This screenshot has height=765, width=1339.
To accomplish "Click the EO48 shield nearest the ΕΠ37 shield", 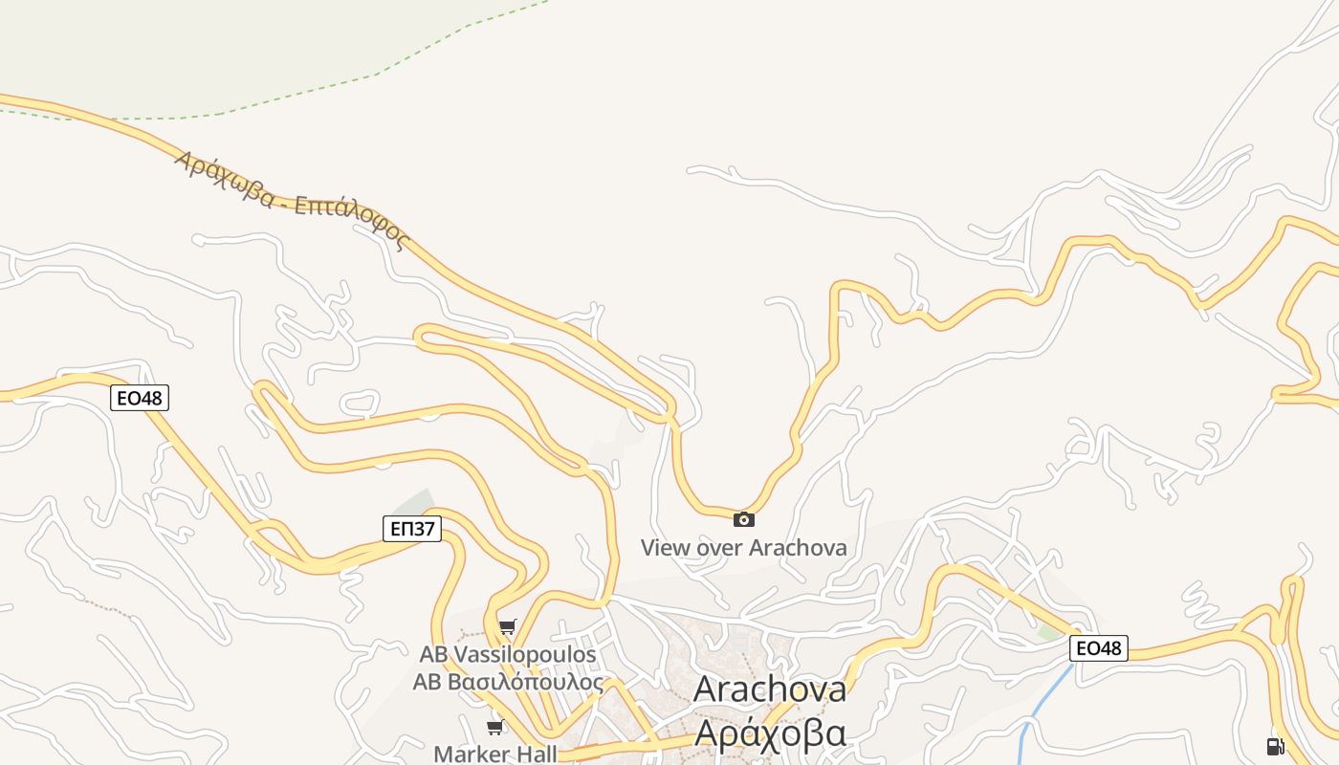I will (140, 398).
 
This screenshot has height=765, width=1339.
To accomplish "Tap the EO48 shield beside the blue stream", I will (1098, 648).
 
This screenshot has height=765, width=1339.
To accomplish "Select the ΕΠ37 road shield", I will (411, 529).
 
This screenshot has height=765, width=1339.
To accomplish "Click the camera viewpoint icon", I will (743, 520).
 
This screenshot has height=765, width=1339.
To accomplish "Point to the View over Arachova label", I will (743, 548).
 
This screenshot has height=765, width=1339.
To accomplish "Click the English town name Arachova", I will (769, 689).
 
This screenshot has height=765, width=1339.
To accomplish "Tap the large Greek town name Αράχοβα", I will (769, 732).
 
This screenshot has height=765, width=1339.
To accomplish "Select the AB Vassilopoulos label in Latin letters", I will (508, 655).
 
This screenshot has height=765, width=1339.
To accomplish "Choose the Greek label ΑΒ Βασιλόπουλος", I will (508, 683).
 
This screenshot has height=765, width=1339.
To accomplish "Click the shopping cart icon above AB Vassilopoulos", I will (507, 627).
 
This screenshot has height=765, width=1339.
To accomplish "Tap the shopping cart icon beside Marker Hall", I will (494, 728).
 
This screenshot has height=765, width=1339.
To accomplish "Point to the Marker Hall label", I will (494, 754).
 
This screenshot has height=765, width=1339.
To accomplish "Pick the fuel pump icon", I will (1274, 746).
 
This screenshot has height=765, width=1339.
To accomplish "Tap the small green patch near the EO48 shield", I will (1050, 632).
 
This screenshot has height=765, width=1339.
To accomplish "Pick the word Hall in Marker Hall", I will (537, 754).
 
